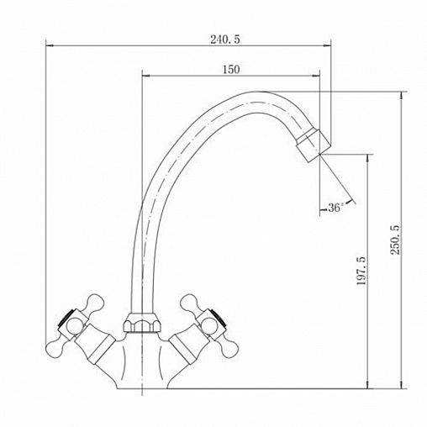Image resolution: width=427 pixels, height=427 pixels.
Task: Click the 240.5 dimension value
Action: click(225, 40)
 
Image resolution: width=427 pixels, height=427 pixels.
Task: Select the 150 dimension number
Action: click(231, 69)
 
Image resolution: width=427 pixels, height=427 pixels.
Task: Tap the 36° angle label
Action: click(335, 208)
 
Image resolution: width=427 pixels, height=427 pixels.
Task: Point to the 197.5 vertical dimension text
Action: click(361, 271)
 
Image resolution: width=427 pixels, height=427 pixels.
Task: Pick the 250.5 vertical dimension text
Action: click(396, 240)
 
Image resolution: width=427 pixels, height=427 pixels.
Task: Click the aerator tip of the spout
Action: click(314, 145)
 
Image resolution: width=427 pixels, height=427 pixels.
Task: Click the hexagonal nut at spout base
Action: click(143, 322)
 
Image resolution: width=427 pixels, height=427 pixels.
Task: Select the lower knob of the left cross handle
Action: click(55, 347)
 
